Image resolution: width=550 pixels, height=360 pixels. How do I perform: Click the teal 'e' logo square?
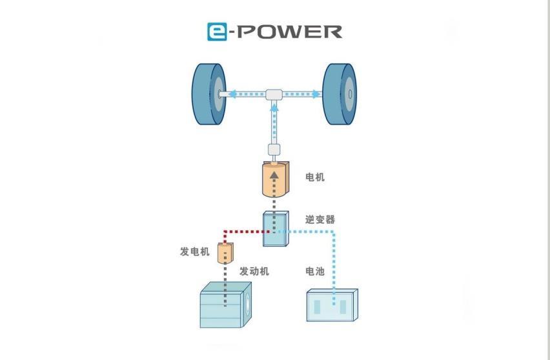point(217,32)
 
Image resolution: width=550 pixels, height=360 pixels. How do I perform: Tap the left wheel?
point(209,94)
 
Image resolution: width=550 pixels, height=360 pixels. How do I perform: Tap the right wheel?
point(340,94)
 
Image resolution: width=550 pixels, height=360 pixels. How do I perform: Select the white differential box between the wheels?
point(274,95)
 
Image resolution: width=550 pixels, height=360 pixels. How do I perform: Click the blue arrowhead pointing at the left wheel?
point(232,94)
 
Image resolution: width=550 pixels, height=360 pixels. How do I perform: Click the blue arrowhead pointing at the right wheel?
point(316,94)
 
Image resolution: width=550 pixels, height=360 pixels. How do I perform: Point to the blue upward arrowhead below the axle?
point(274,108)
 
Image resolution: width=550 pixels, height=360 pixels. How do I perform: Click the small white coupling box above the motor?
point(274,150)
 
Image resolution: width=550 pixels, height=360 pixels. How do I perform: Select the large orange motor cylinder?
point(276,179)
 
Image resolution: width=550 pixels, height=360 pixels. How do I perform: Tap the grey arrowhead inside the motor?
point(274,175)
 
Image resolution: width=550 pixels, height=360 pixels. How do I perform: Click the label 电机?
point(315,177)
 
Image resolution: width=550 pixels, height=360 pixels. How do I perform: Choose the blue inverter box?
point(276,228)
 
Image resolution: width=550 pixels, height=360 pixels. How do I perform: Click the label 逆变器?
point(320,220)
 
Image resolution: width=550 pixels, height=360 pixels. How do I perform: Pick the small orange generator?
point(225,253)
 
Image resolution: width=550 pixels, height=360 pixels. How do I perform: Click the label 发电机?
point(195,252)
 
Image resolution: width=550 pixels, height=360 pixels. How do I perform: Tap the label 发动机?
point(254,272)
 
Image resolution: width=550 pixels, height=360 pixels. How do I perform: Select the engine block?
point(225,305)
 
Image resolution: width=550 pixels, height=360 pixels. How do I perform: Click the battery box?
point(332,305)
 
